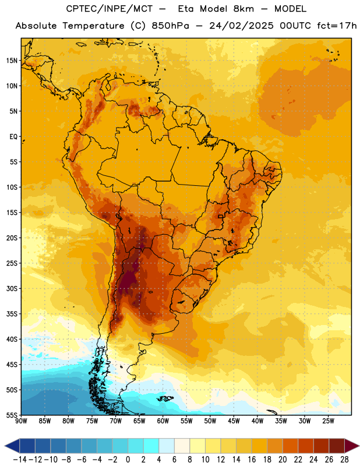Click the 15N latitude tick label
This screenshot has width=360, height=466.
[x=12, y=61]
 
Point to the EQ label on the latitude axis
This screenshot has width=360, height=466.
[x=13, y=137]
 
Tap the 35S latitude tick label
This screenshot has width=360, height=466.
[x=12, y=314]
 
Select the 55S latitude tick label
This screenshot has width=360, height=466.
[x=12, y=415]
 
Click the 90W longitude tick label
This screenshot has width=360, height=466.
[x=21, y=421]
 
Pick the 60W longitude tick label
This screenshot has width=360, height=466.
[x=163, y=421]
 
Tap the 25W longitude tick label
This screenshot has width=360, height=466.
[x=328, y=421]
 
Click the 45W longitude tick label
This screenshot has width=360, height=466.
[x=234, y=421]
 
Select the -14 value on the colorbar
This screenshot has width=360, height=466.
[x=20, y=460]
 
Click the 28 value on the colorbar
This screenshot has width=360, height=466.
[x=344, y=460]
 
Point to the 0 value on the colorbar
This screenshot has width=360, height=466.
[x=128, y=460]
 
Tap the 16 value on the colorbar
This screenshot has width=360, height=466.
[x=252, y=460]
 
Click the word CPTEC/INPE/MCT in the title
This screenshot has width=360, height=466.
[x=110, y=9]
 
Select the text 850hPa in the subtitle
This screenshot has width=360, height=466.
[x=170, y=26]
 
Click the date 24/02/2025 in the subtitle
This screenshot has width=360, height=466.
[x=241, y=26]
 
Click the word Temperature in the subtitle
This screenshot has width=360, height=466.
[x=93, y=26]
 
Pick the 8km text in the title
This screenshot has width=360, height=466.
[x=243, y=9]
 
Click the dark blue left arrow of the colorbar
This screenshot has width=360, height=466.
[x=12, y=446]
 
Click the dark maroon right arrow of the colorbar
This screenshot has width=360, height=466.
[x=352, y=446]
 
